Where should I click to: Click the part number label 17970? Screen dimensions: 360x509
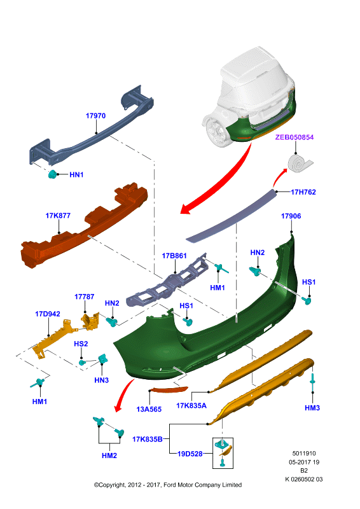click(x=95, y=116)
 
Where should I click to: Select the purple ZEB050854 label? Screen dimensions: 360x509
click(x=294, y=137)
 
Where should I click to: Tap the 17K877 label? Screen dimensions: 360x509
click(x=58, y=216)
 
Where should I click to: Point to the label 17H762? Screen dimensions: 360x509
click(x=303, y=192)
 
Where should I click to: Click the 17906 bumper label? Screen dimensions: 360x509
click(x=291, y=216)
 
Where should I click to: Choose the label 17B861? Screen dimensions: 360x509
click(x=174, y=256)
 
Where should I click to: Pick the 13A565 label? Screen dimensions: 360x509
click(x=149, y=409)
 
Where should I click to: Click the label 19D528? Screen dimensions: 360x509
click(x=190, y=454)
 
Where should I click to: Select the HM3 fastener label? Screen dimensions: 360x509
click(x=312, y=408)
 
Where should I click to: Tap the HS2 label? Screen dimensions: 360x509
click(x=81, y=344)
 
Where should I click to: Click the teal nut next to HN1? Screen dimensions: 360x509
click(x=52, y=174)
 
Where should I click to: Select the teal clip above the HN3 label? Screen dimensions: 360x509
click(x=103, y=359)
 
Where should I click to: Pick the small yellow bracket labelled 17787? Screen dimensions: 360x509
click(x=90, y=321)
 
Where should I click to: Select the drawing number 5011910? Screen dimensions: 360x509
click(x=304, y=454)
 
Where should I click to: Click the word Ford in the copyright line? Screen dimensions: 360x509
click(x=169, y=485)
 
